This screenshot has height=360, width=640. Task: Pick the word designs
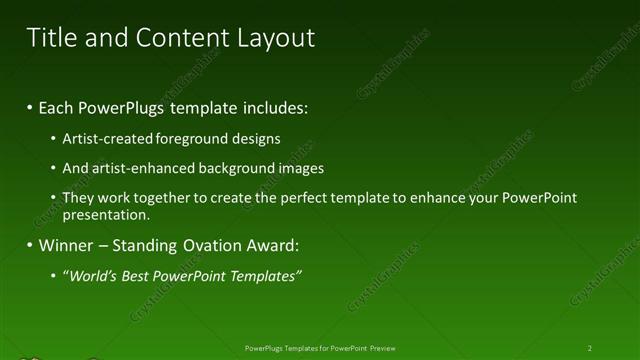255,139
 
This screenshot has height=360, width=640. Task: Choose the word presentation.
105,214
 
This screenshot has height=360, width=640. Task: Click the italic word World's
93,276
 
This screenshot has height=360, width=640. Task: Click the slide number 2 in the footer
589,348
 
